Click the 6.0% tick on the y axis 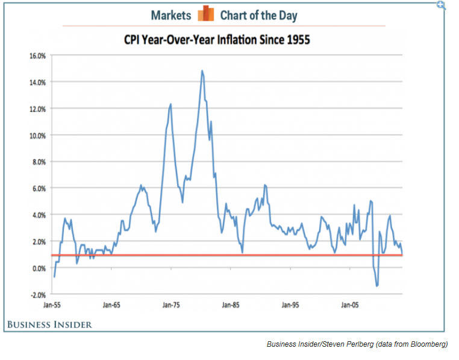tap(39, 188)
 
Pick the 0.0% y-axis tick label tap(39, 268)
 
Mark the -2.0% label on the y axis tap(37, 294)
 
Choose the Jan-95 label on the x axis tap(290, 305)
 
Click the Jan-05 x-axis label tap(350, 305)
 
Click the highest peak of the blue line tap(202, 71)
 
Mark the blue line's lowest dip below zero tap(377, 286)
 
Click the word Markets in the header tap(171, 15)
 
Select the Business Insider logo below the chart tap(49, 325)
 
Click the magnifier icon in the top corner tap(442, 5)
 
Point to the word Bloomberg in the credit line tap(428, 344)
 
